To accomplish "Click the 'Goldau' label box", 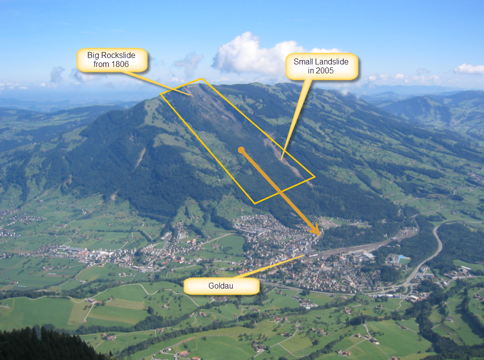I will pyautogui.click(x=221, y=286).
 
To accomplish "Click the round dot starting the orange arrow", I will pyautogui.click(x=241, y=150).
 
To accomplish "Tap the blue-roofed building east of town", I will pyautogui.click(x=403, y=259).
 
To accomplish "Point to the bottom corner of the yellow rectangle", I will pyautogui.click(x=255, y=203).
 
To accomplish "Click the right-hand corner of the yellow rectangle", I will pyautogui.click(x=315, y=176).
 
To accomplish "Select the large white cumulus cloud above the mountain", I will pyautogui.click(x=253, y=57).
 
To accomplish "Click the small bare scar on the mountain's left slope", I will pyautogui.click(x=141, y=158).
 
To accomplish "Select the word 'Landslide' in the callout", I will pyautogui.click(x=333, y=62).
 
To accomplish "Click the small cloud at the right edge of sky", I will pyautogui.click(x=469, y=69).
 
